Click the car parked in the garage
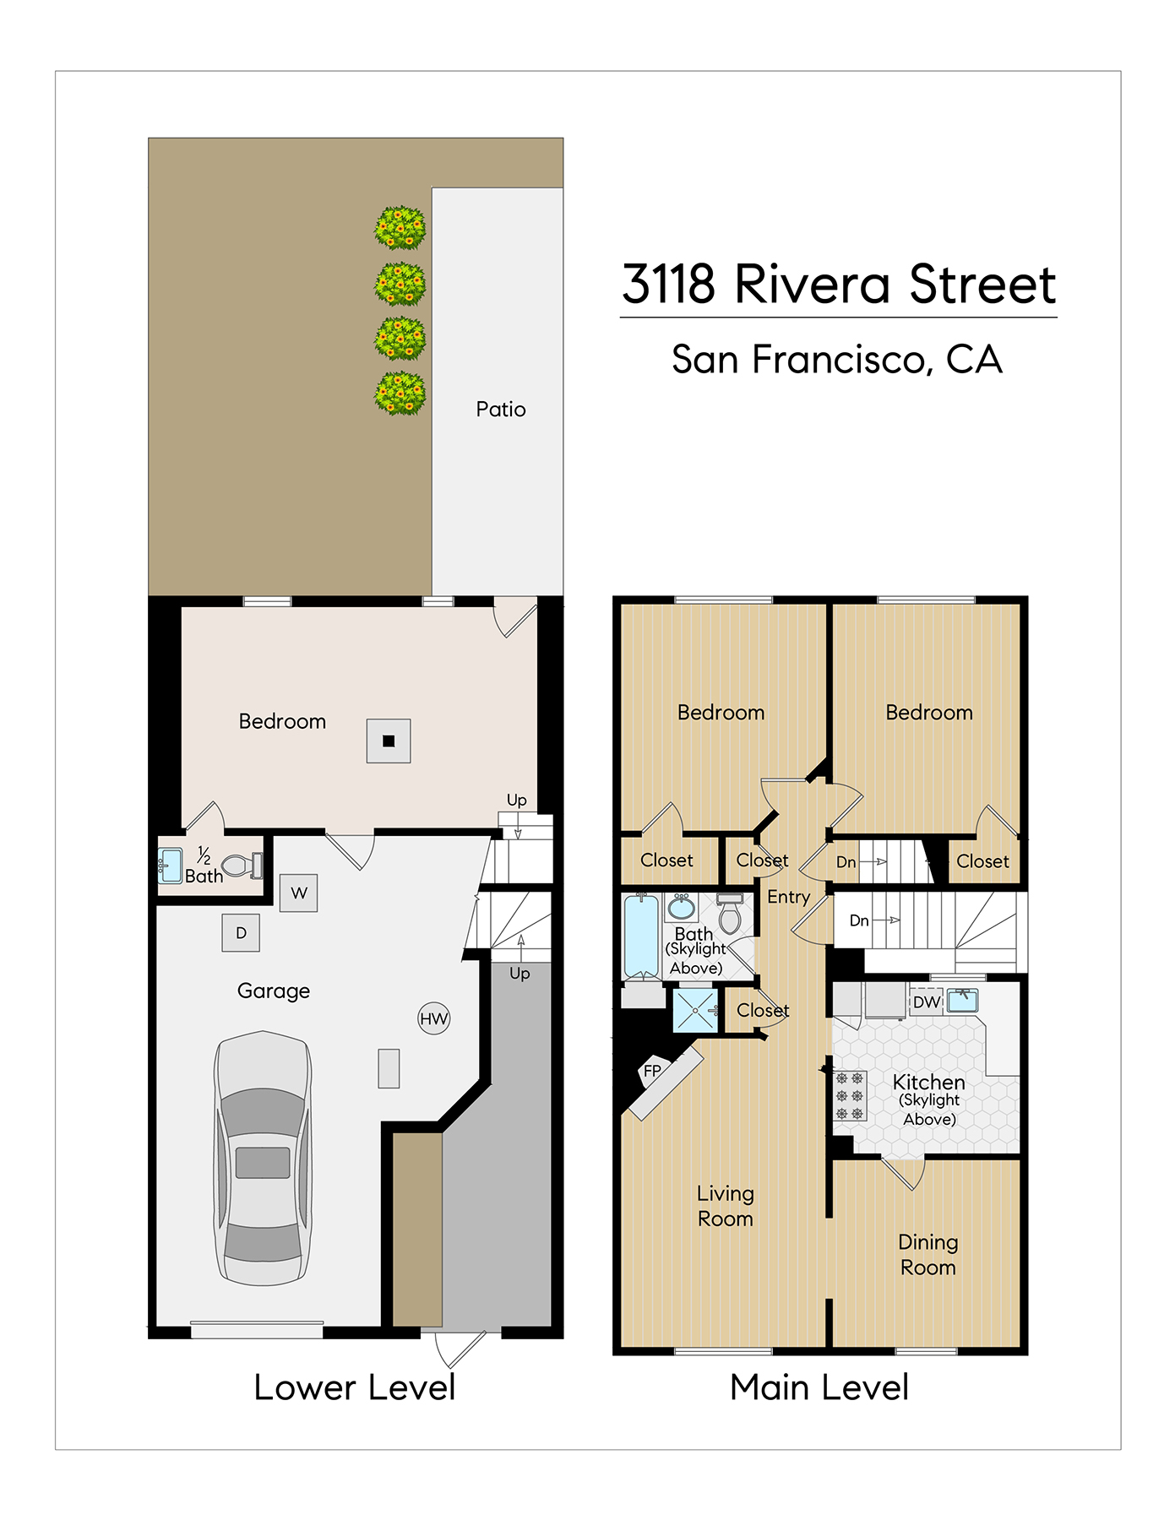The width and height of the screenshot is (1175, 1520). tap(264, 1158)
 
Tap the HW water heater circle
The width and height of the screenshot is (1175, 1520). tap(434, 1018)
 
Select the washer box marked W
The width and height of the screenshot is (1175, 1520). tap(299, 893)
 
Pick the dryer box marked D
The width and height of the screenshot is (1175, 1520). tap(241, 933)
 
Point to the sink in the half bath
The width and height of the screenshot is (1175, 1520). tap(170, 866)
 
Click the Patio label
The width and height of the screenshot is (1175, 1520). tap(501, 410)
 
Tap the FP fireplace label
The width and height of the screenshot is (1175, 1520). tap(652, 1071)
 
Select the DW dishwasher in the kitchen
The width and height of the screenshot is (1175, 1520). tap(927, 1002)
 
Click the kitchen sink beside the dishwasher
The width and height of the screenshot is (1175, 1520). tap(962, 1001)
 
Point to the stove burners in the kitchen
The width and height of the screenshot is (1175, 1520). tap(850, 1096)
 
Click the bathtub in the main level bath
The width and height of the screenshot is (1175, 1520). tap(641, 936)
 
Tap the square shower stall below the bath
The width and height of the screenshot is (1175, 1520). tap(695, 1010)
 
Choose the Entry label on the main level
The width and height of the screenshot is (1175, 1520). tap(788, 898)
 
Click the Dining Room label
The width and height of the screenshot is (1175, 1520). tap(927, 1255)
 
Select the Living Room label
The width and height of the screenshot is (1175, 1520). tap(726, 1206)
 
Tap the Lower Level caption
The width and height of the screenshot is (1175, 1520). tap(355, 1387)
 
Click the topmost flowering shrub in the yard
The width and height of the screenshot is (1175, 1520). tap(400, 227)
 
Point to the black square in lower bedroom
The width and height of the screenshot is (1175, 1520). tap(389, 741)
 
